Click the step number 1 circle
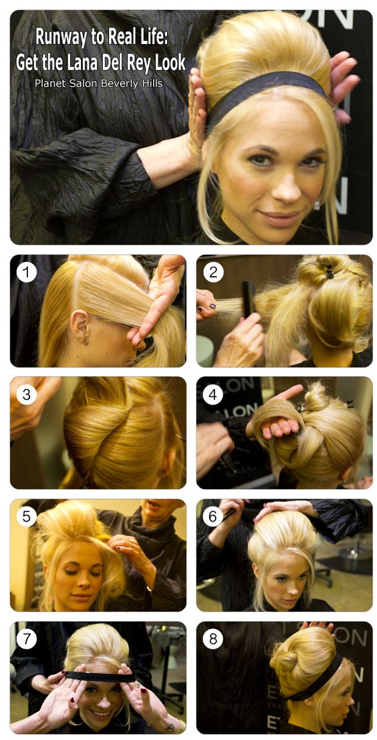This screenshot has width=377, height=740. click(27, 272)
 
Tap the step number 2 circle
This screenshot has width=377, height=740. click(213, 272)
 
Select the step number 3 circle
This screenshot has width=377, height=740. click(27, 394)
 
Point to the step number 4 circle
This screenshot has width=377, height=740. click(213, 394)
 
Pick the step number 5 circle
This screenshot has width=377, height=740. click(27, 517)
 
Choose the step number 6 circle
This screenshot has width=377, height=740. click(213, 517)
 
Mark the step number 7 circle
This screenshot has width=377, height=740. click(27, 639)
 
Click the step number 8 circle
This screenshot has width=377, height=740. click(213, 639)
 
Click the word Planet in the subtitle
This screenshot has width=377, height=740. click(49, 84)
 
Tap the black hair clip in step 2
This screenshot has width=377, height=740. click(328, 271)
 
